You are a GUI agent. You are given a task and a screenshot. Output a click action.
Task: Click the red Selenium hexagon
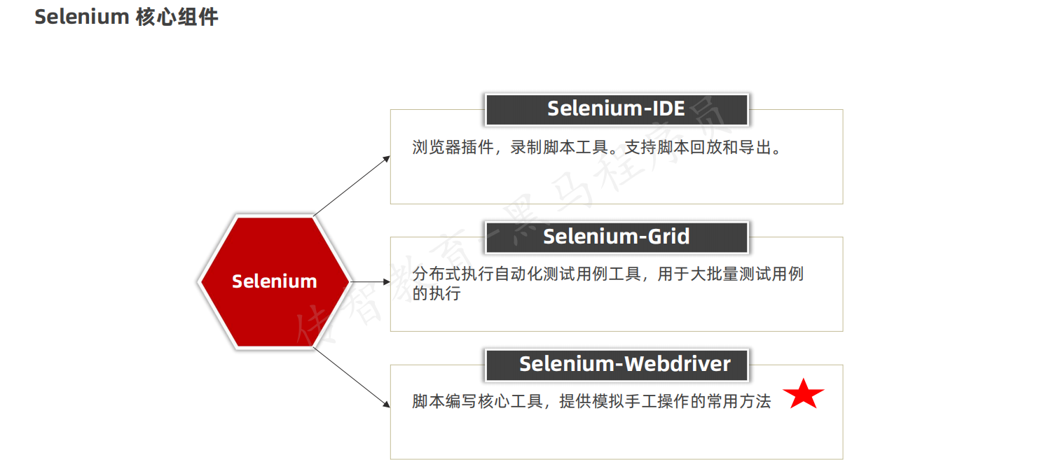pyautogui.click(x=274, y=281)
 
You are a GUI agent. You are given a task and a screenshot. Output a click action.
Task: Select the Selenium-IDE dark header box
pyautogui.click(x=617, y=109)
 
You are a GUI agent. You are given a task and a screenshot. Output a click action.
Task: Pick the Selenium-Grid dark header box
pyautogui.click(x=617, y=237)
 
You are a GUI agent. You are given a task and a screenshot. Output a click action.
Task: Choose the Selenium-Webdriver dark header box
pyautogui.click(x=617, y=364)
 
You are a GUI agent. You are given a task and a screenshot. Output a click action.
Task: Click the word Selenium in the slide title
pyautogui.click(x=81, y=17)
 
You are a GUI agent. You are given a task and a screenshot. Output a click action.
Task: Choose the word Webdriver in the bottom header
pyautogui.click(x=677, y=364)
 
